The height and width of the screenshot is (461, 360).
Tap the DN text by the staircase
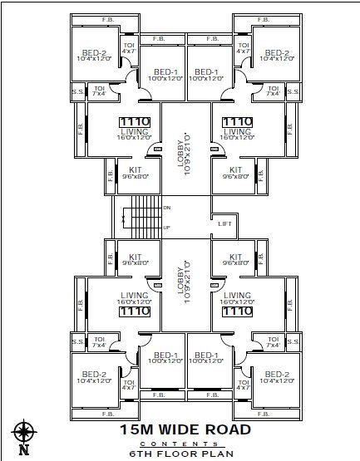coord(167,208)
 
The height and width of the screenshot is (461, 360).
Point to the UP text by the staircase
coord(167,227)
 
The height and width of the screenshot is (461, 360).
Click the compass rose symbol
coord(23,432)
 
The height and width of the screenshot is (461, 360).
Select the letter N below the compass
coord(23,451)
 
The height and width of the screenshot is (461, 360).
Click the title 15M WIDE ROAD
coord(185,429)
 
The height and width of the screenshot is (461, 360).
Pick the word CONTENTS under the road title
coord(185,444)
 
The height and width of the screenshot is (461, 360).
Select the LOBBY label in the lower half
coord(181,285)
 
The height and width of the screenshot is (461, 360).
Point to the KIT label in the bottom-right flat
coord(235,257)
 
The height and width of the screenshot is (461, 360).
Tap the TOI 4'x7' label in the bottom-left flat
coord(129,383)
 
